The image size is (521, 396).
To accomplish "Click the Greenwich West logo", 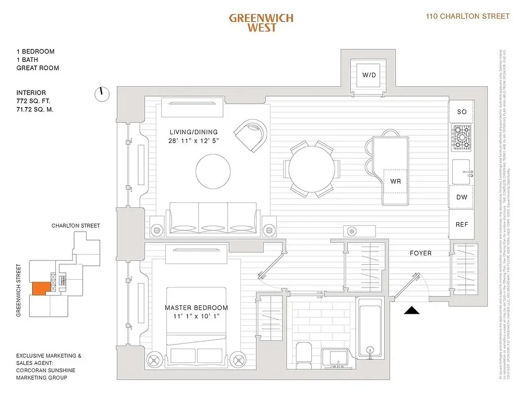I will click(x=261, y=23).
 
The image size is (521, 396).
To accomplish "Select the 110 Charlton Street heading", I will click(x=468, y=16).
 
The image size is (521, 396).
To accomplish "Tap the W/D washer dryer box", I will click(x=369, y=75).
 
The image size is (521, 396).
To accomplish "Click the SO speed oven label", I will click(x=462, y=112).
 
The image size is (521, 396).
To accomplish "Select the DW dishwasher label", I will click(x=462, y=197).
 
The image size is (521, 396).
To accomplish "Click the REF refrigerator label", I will click(x=462, y=224).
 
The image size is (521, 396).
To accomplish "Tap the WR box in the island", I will click(x=395, y=181).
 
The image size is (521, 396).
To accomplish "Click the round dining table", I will click(x=311, y=169).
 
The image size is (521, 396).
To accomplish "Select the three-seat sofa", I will click(x=214, y=218).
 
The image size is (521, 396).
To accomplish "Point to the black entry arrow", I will click(x=412, y=310).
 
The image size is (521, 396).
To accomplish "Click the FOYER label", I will click(x=421, y=253).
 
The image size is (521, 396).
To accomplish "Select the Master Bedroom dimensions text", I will click(x=196, y=316).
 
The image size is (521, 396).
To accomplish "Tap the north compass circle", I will click(x=102, y=94).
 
